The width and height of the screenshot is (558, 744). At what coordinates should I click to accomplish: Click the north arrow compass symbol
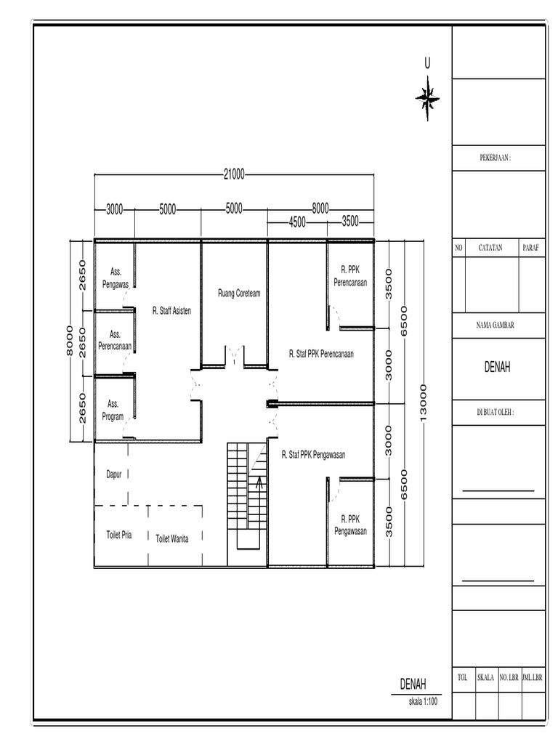[428, 97]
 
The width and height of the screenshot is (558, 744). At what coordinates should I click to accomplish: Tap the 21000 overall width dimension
[234, 174]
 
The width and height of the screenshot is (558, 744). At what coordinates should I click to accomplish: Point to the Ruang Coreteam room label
[238, 294]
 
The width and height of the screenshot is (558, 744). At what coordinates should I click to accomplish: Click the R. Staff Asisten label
[171, 310]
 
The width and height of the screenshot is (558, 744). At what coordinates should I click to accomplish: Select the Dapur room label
[114, 474]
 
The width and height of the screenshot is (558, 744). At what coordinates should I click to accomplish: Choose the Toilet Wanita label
[172, 538]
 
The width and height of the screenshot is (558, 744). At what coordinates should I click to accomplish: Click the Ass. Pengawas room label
[115, 280]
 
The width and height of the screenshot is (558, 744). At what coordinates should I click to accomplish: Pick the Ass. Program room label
[113, 410]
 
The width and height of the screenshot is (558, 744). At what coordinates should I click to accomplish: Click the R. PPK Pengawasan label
[350, 525]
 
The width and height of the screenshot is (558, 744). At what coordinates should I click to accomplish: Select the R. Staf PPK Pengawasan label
[313, 455]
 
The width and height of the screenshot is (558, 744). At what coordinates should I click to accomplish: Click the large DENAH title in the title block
[497, 368]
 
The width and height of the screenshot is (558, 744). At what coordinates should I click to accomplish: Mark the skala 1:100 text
[423, 703]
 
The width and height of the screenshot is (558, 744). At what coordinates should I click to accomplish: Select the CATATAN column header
[491, 248]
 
